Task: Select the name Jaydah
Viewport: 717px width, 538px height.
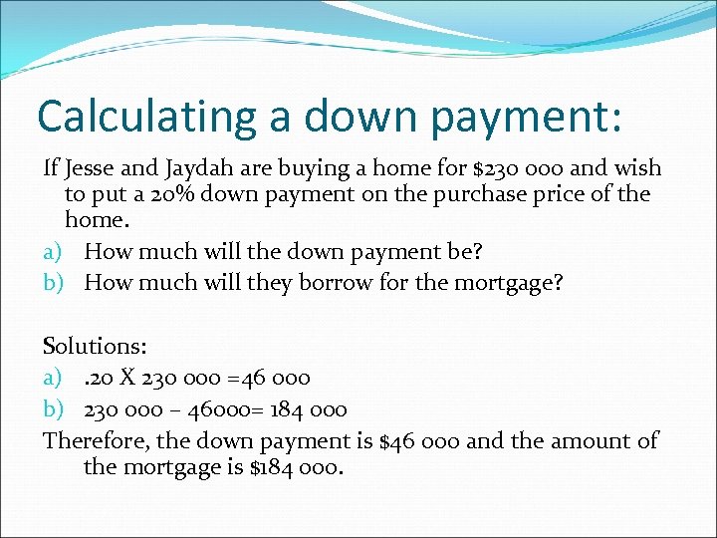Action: point(207,169)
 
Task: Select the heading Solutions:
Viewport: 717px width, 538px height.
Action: point(95,347)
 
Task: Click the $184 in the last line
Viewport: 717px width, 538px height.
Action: point(264,465)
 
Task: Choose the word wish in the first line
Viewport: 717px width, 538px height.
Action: point(636,168)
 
